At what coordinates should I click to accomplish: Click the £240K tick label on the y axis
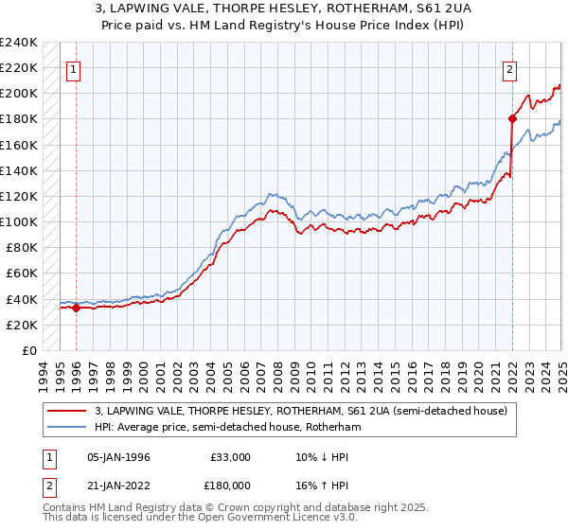(x=19, y=43)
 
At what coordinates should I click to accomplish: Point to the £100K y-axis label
(x=19, y=221)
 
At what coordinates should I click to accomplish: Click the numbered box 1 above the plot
(x=74, y=68)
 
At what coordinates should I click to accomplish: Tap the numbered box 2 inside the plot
(x=509, y=68)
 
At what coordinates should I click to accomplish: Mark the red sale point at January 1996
(x=76, y=308)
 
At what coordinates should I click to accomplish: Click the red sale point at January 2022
(x=512, y=118)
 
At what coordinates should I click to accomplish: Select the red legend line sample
(x=66, y=411)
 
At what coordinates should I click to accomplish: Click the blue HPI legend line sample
(x=66, y=427)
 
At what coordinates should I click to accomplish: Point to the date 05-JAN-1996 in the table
(x=118, y=457)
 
